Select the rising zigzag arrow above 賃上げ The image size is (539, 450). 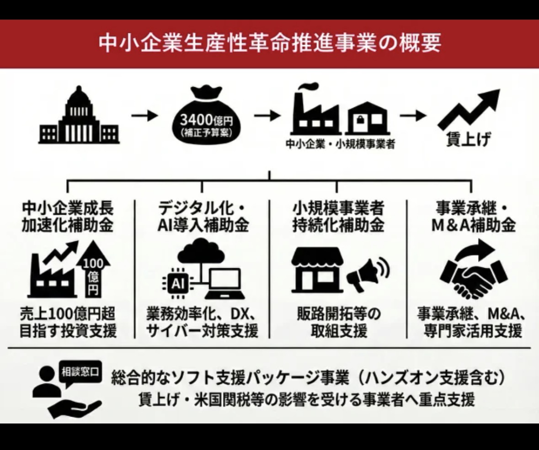tap(468, 110)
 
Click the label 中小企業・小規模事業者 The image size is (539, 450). tap(340, 144)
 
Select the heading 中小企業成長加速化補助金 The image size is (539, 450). tap(67, 217)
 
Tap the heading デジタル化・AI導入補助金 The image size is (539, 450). tap(202, 217)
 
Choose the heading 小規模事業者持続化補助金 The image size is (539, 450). tap(338, 217)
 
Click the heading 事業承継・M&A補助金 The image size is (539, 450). tap(472, 217)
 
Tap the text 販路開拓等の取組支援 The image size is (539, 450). tap(338, 322)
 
